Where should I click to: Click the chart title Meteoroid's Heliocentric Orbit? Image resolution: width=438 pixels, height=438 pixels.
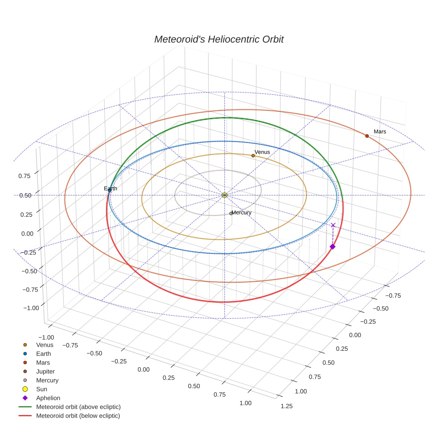click(219, 39)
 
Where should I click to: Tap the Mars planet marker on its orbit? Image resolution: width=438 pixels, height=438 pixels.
click(367, 136)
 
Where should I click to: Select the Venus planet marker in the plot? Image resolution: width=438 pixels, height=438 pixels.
click(253, 155)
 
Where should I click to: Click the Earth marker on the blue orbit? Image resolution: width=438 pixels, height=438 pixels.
click(109, 190)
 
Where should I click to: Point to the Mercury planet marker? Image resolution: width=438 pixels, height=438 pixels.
click(231, 213)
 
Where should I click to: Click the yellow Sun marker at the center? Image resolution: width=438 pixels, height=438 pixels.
click(224, 195)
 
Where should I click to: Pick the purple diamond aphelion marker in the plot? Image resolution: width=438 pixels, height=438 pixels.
click(332, 247)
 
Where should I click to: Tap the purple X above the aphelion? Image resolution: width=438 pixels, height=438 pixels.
click(333, 225)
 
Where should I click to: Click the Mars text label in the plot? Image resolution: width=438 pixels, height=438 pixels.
click(380, 132)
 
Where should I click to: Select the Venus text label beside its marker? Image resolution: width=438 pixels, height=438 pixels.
click(262, 152)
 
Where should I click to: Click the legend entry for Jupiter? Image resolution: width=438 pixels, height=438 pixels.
click(45, 371)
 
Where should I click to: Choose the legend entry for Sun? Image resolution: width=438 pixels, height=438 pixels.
click(41, 389)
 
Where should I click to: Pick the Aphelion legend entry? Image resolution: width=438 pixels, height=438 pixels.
click(48, 398)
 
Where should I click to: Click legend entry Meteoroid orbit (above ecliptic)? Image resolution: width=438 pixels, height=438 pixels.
click(78, 407)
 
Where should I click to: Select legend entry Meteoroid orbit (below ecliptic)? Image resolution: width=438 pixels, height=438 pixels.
click(78, 416)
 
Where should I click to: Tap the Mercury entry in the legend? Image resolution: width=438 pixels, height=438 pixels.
click(47, 380)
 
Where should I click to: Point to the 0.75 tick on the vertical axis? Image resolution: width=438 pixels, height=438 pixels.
click(24, 176)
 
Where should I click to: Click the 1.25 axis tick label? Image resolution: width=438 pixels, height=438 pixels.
click(287, 406)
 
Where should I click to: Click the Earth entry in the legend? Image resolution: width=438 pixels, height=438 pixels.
click(44, 354)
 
